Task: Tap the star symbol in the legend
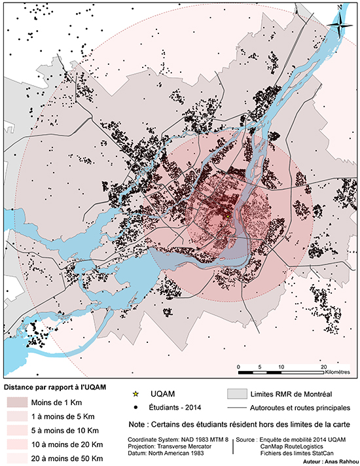tap(135, 394)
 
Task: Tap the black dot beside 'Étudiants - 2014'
tap(135, 407)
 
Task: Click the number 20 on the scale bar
tap(323, 367)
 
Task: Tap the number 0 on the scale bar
tap(239, 367)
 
